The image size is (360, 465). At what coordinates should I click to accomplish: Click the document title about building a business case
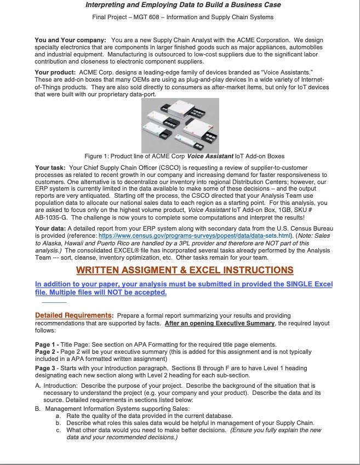[183, 5]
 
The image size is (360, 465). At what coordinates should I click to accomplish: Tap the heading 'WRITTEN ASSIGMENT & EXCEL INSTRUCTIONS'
[185, 270]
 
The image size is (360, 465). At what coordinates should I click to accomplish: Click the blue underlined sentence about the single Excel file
[183, 288]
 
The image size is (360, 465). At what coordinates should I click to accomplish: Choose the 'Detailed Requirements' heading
[73, 315]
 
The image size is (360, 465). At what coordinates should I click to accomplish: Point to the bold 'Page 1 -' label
[48, 344]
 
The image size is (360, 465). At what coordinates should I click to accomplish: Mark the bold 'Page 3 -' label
[48, 368]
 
